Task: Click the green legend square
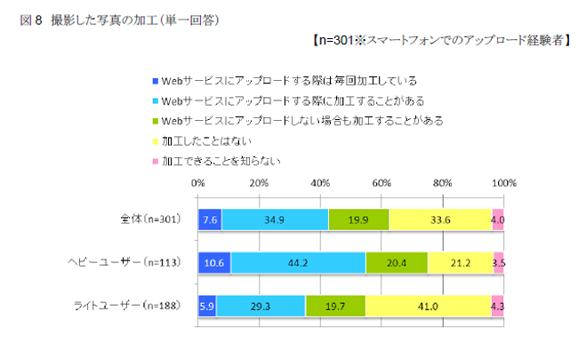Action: click(155, 120)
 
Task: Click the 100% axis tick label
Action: click(504, 183)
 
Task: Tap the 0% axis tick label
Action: click(198, 183)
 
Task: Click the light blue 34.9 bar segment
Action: click(275, 220)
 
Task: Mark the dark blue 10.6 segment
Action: click(214, 263)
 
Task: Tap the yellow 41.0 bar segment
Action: click(428, 306)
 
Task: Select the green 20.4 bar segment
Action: click(397, 263)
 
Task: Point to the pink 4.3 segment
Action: click(498, 306)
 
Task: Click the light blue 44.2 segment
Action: click(298, 263)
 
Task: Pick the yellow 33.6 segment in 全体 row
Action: click(440, 220)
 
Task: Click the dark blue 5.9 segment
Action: click(207, 306)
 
